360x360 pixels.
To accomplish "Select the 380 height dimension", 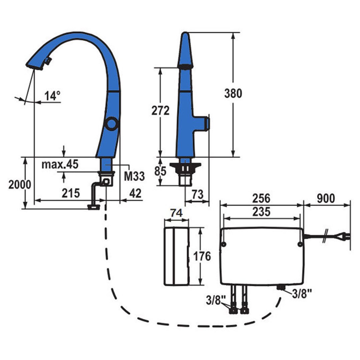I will point(233,93).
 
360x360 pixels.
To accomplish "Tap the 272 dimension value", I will point(160,111).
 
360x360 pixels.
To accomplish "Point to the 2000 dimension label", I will point(20,184).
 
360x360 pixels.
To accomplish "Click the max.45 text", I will point(60,164).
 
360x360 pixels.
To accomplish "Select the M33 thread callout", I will point(134,176).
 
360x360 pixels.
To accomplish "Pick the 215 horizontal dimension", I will point(71,193).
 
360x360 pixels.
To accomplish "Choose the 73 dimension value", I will point(198,194).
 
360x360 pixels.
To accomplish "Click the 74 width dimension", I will point(176,213).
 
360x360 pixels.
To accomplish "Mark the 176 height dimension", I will point(202,256).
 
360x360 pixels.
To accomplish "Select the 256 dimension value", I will point(261,198).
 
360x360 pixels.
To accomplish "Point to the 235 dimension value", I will point(261,212).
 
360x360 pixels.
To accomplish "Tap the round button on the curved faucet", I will point(110,124).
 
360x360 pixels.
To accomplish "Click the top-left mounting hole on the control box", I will point(223,245).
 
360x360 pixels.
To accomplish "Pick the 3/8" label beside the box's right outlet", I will point(302,294).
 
